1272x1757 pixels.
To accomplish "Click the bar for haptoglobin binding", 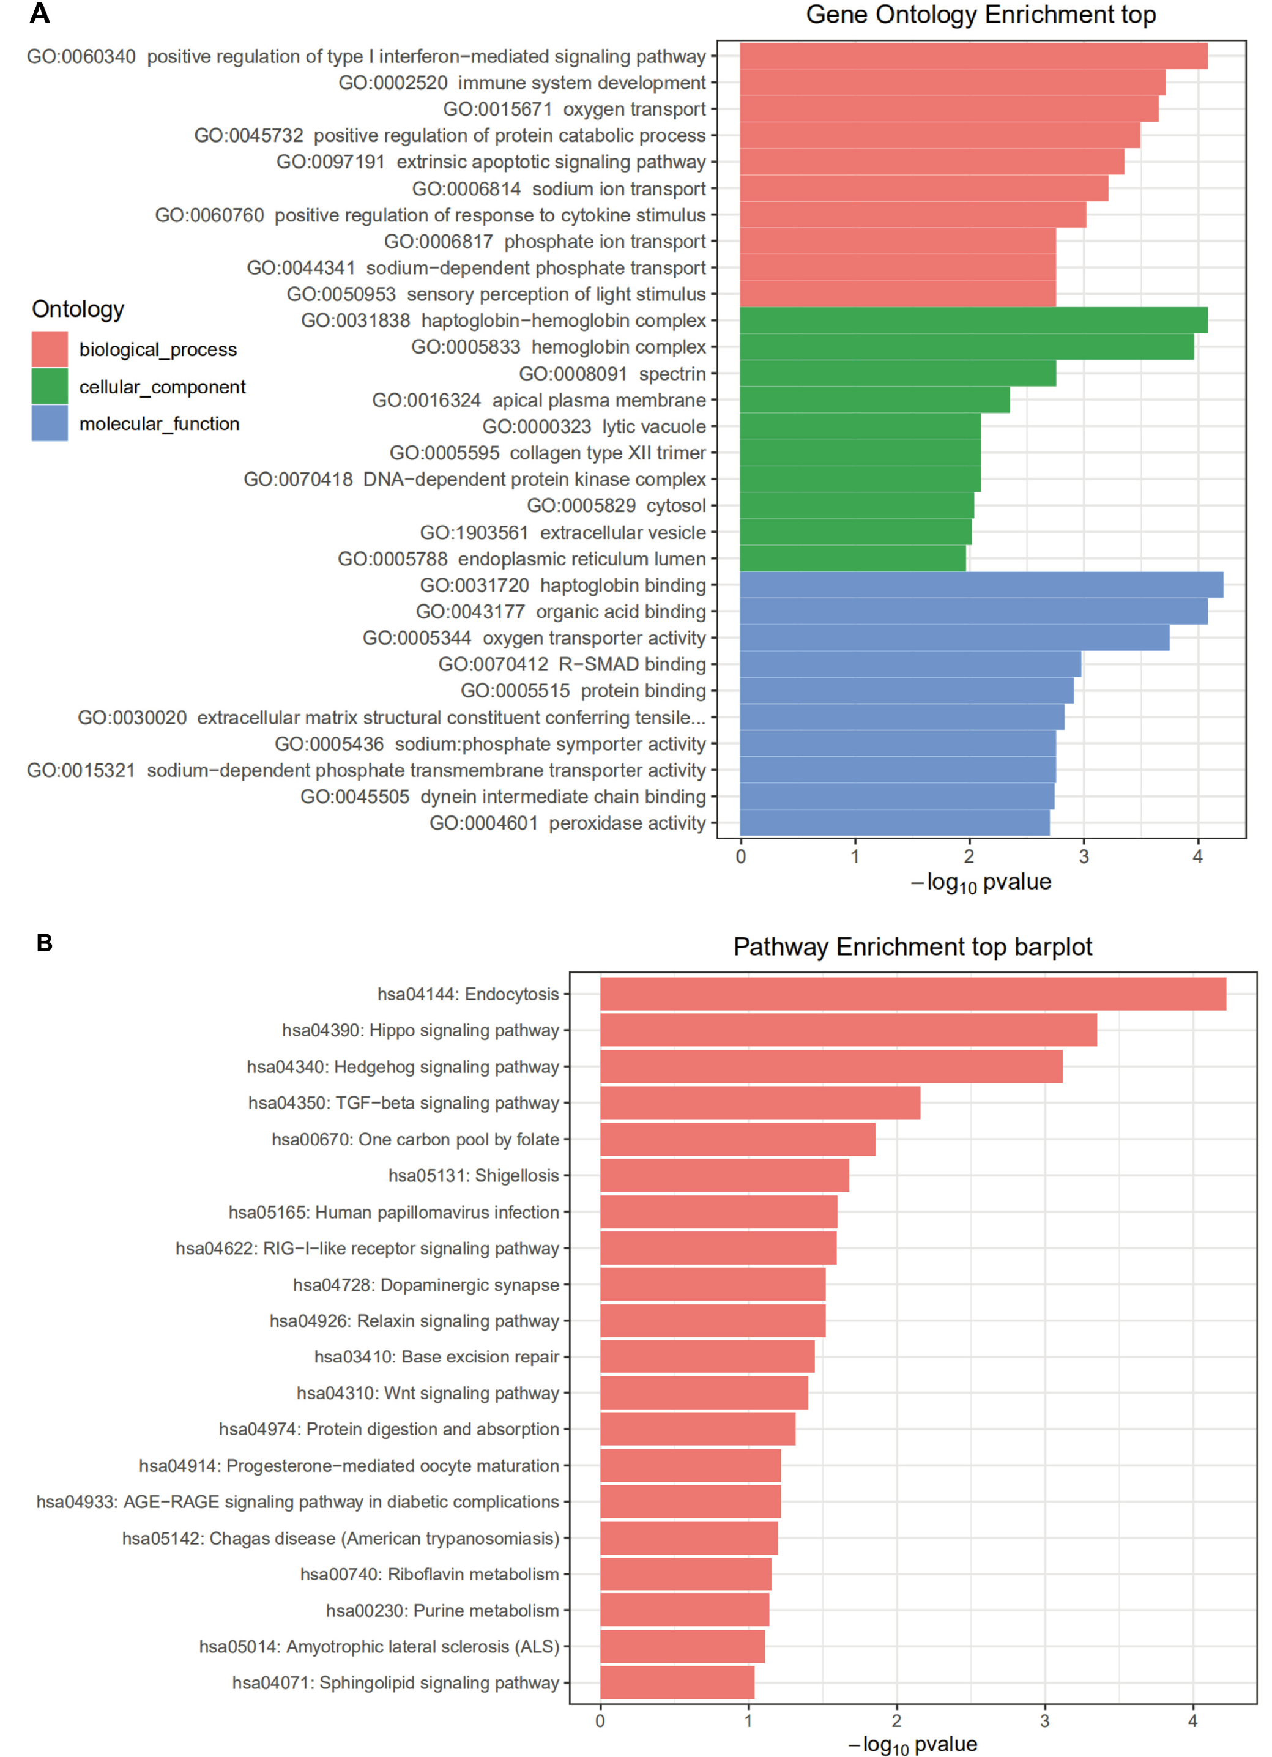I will point(981,585).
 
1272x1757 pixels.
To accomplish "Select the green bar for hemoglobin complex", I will point(966,347).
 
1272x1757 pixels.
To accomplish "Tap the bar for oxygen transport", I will point(948,110).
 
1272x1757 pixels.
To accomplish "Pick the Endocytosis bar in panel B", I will point(913,994).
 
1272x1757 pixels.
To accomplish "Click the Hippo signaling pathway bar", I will point(847,1030).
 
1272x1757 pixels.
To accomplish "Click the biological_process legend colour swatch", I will point(50,349).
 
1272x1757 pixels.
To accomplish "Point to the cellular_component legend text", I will point(162,387).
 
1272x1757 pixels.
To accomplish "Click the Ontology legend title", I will point(78,309).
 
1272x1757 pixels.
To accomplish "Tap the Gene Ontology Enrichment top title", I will point(980,15).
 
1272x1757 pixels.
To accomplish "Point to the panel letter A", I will point(40,13).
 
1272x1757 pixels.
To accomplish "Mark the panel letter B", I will point(44,943).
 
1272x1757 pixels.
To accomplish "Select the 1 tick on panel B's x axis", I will point(748,1722).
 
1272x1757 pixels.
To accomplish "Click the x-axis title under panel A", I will point(980,883).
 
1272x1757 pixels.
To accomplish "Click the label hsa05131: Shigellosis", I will point(474,1176).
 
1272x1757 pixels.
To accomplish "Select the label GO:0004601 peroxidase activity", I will point(567,823).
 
